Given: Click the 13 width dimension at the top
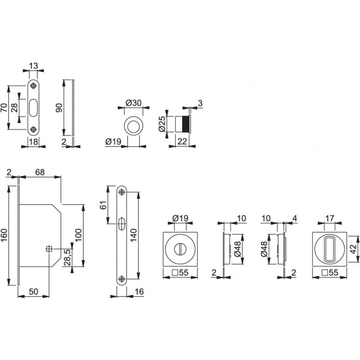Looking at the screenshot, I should point(34,66).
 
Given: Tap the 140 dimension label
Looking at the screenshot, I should point(133,236).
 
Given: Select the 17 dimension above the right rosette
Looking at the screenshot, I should point(330,219).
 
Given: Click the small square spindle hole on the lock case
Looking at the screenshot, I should point(49,250).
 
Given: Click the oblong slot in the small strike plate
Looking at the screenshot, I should point(34,107).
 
